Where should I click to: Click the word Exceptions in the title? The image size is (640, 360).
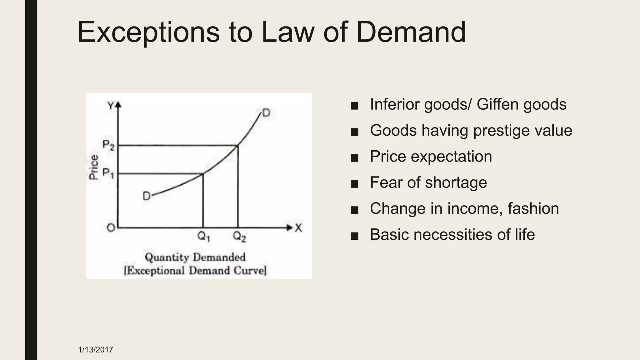pyautogui.click(x=148, y=32)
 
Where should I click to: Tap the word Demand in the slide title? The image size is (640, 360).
pyautogui.click(x=411, y=32)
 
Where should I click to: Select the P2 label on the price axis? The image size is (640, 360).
pyautogui.click(x=108, y=145)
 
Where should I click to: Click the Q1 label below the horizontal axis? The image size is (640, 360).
pyautogui.click(x=204, y=237)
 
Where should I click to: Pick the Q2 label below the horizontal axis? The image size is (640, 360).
pyautogui.click(x=239, y=237)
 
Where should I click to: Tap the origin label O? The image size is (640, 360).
pyautogui.click(x=111, y=228)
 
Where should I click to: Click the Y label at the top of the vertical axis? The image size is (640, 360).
pyautogui.click(x=111, y=106)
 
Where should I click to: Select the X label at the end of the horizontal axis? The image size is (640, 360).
pyautogui.click(x=298, y=228)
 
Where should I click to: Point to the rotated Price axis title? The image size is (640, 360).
pyautogui.click(x=94, y=167)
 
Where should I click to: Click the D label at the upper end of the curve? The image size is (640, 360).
pyautogui.click(x=266, y=113)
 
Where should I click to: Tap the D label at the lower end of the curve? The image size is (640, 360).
pyautogui.click(x=147, y=196)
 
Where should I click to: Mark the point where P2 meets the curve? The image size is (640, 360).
pyautogui.click(x=238, y=145)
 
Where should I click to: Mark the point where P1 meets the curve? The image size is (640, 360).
pyautogui.click(x=203, y=174)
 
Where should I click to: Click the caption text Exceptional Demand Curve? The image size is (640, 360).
pyautogui.click(x=195, y=270)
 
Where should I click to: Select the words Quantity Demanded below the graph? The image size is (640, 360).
pyautogui.click(x=195, y=257)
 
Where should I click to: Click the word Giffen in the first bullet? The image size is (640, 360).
pyautogui.click(x=497, y=104)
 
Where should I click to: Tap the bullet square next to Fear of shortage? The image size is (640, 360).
pyautogui.click(x=354, y=184)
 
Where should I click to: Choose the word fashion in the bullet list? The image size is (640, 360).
pyautogui.click(x=533, y=208)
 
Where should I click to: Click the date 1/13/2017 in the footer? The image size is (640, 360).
pyautogui.click(x=96, y=350)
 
